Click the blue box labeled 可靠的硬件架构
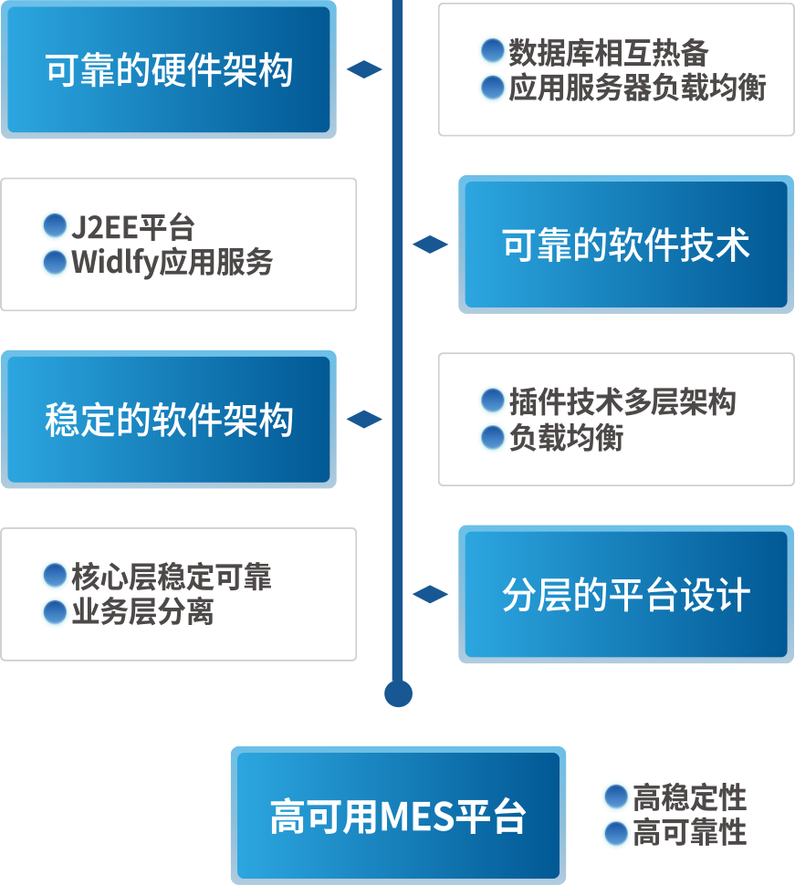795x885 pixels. [x=169, y=70]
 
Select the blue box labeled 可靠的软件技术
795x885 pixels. [x=626, y=245]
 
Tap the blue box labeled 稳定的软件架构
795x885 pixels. [x=169, y=420]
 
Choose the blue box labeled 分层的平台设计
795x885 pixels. [x=626, y=595]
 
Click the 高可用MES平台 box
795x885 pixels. [x=398, y=816]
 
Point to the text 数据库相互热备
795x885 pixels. [x=608, y=52]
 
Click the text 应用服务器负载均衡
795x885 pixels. [x=636, y=88]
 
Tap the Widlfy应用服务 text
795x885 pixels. [x=173, y=263]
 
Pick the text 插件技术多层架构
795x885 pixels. [x=622, y=402]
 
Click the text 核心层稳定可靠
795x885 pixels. [x=172, y=577]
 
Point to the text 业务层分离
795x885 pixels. [x=142, y=612]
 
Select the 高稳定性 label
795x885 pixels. [x=689, y=797]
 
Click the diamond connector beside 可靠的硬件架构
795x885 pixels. [x=364, y=70]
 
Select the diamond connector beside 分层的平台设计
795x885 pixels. [x=430, y=595]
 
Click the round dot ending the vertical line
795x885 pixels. [x=398, y=693]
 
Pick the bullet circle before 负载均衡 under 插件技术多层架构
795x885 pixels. [x=493, y=438]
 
